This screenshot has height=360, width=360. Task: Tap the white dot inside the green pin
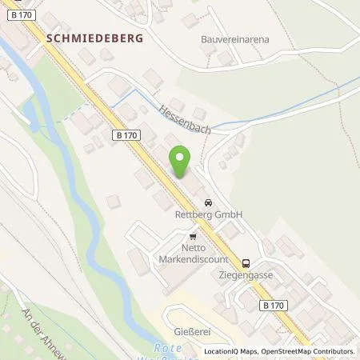[x=182, y=158]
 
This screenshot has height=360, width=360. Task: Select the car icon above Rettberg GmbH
[x=209, y=202]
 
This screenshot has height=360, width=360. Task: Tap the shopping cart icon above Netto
[x=193, y=236]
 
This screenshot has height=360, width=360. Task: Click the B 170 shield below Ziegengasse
[x=270, y=305]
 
